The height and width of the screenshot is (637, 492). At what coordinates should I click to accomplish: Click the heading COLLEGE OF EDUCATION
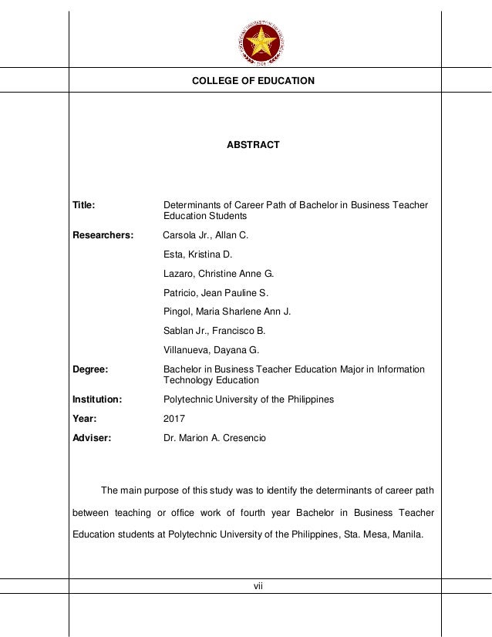(x=253, y=81)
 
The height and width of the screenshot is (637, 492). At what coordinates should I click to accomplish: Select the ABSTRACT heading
(x=252, y=145)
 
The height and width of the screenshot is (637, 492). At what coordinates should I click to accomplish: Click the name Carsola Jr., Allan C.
(x=206, y=234)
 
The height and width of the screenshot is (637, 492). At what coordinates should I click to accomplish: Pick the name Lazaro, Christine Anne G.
(x=218, y=273)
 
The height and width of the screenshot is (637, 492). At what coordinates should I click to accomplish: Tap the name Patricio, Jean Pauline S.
(x=215, y=292)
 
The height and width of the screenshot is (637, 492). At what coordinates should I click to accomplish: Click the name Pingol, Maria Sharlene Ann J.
(x=227, y=312)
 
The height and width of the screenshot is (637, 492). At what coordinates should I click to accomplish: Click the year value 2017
(x=174, y=419)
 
